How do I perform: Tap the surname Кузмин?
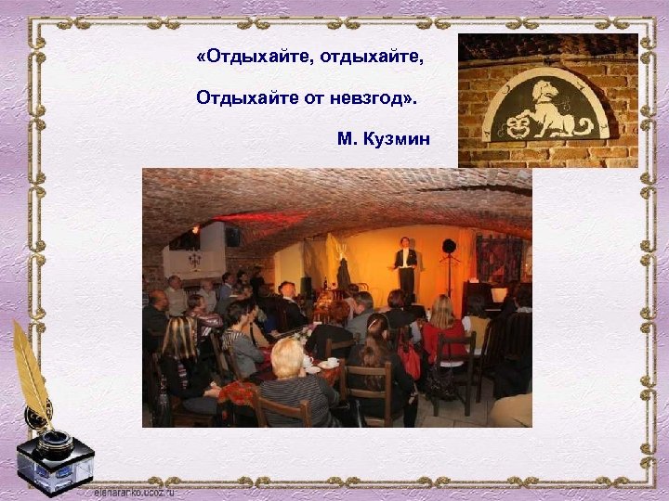pos(396,139)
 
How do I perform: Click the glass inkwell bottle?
pos(55,459)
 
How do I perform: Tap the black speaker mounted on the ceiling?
pos(232,237)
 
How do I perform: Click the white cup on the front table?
pos(332,362)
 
